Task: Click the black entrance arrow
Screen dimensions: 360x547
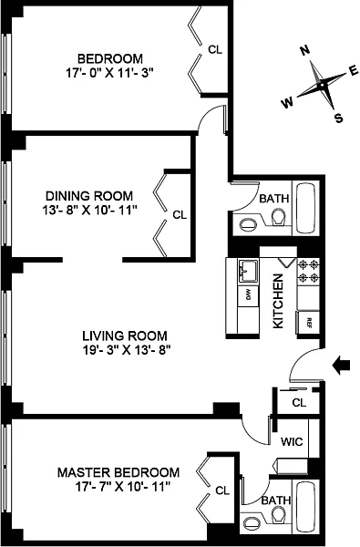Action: point(341,366)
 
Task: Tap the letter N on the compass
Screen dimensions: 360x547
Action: point(305,50)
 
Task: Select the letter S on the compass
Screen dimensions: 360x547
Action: point(338,119)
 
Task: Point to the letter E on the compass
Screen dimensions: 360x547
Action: point(354,71)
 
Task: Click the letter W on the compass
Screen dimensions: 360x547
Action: point(287,103)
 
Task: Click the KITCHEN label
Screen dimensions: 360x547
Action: point(278,301)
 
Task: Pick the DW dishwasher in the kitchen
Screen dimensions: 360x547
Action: point(249,296)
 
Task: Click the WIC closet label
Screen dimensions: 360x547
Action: point(292,441)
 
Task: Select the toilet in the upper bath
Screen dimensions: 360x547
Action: point(278,217)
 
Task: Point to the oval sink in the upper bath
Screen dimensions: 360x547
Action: point(248,223)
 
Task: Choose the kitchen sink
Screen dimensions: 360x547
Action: point(248,271)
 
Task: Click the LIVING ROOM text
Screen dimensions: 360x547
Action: point(125,335)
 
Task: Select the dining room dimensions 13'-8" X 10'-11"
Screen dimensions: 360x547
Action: point(89,210)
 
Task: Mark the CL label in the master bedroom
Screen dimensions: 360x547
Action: point(222,490)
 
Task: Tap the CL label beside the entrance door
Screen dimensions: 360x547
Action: point(299,403)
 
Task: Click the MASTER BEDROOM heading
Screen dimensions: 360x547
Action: point(118,472)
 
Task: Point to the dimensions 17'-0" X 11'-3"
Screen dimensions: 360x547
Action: point(110,73)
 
